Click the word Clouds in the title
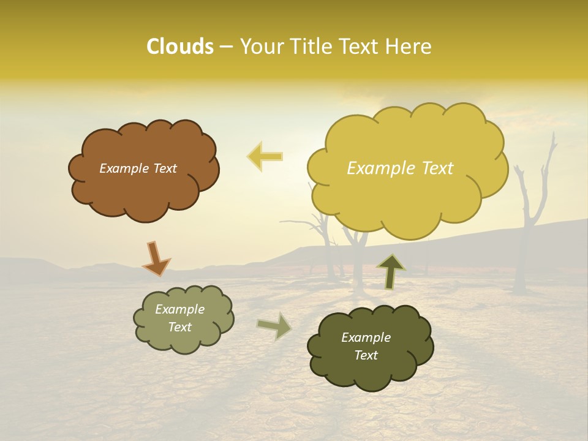(x=179, y=47)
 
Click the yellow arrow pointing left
(x=265, y=157)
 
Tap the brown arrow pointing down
(x=156, y=258)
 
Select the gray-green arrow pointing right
(x=274, y=326)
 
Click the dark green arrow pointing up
(x=390, y=271)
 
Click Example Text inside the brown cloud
(x=138, y=168)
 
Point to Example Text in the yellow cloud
(x=400, y=168)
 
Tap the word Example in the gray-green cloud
(x=179, y=310)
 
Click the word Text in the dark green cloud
(x=366, y=355)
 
